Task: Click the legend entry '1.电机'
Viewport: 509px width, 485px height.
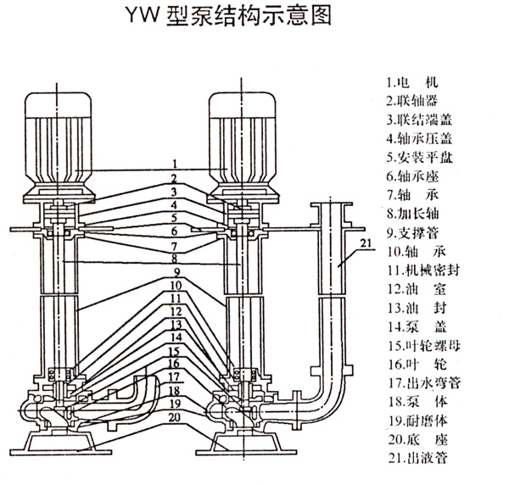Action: point(415,83)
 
